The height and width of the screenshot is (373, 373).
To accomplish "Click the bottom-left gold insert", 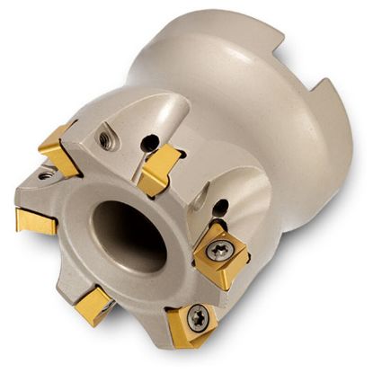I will tap(93, 306).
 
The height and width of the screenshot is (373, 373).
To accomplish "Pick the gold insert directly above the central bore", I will tap(160, 168).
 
